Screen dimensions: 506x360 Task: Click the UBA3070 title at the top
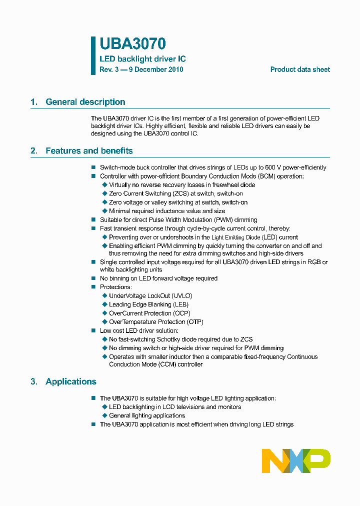132,44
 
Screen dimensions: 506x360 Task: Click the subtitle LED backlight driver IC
142,59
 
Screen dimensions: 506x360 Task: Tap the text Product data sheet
300,69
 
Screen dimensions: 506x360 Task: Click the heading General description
85,102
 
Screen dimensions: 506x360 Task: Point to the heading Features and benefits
89,151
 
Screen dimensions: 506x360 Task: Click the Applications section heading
71,381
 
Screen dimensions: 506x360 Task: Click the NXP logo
296,460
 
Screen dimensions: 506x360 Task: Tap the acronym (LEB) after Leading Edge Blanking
180,304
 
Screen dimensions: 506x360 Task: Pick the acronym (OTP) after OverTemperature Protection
195,322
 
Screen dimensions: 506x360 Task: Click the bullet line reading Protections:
115,287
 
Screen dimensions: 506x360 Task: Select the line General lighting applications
147,415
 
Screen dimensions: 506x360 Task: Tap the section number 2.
33,151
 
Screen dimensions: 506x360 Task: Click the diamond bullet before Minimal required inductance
104,211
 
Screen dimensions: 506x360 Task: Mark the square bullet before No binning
93,278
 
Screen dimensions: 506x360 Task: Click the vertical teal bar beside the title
93,55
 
